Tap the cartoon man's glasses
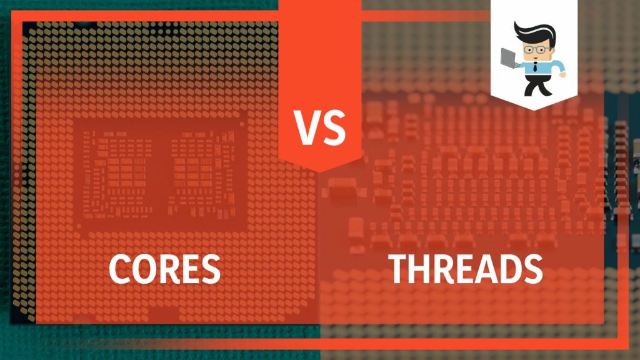click(536, 49)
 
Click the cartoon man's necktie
click(536, 68)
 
